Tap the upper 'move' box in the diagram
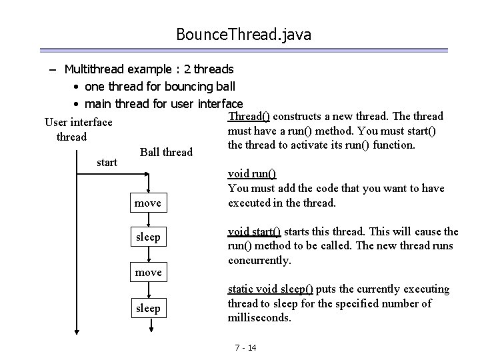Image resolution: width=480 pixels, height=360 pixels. pyautogui.click(x=148, y=203)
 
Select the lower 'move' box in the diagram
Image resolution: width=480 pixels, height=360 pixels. pyautogui.click(x=148, y=272)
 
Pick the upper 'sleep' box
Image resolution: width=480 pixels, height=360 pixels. pyautogui.click(x=148, y=237)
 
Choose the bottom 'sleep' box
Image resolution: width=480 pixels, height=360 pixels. pyautogui.click(x=148, y=307)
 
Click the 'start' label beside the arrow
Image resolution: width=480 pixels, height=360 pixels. pyautogui.click(x=107, y=162)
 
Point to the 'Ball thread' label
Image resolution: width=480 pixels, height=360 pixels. pyautogui.click(x=166, y=152)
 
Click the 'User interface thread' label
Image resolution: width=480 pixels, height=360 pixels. pyautogui.click(x=78, y=129)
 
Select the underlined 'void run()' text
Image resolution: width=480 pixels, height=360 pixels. pyautogui.click(x=252, y=174)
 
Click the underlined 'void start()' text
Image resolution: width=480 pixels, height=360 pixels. pyautogui.click(x=254, y=231)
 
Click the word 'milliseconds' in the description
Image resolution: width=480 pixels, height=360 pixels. pyautogui.click(x=259, y=318)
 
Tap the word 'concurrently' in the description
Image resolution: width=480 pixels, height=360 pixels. pyautogui.click(x=259, y=260)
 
